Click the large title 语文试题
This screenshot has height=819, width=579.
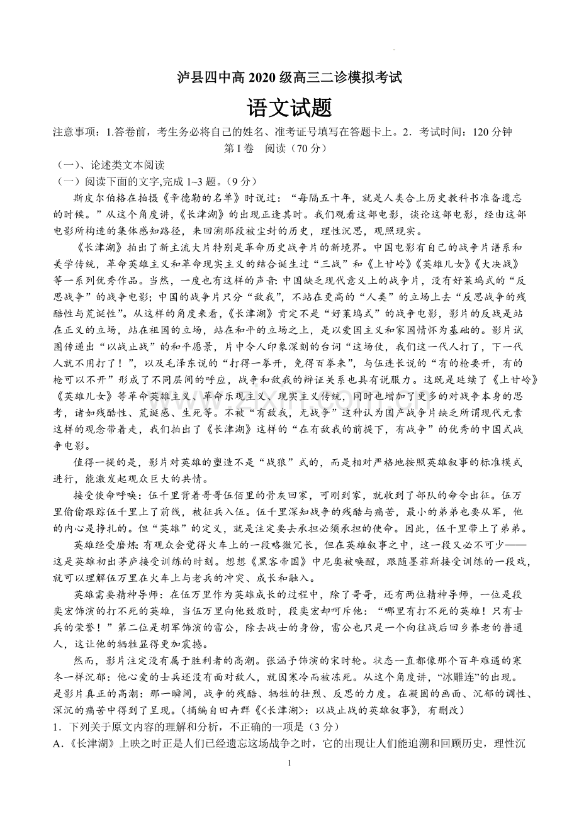(x=289, y=108)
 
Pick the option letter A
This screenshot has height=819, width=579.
(x=58, y=742)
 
